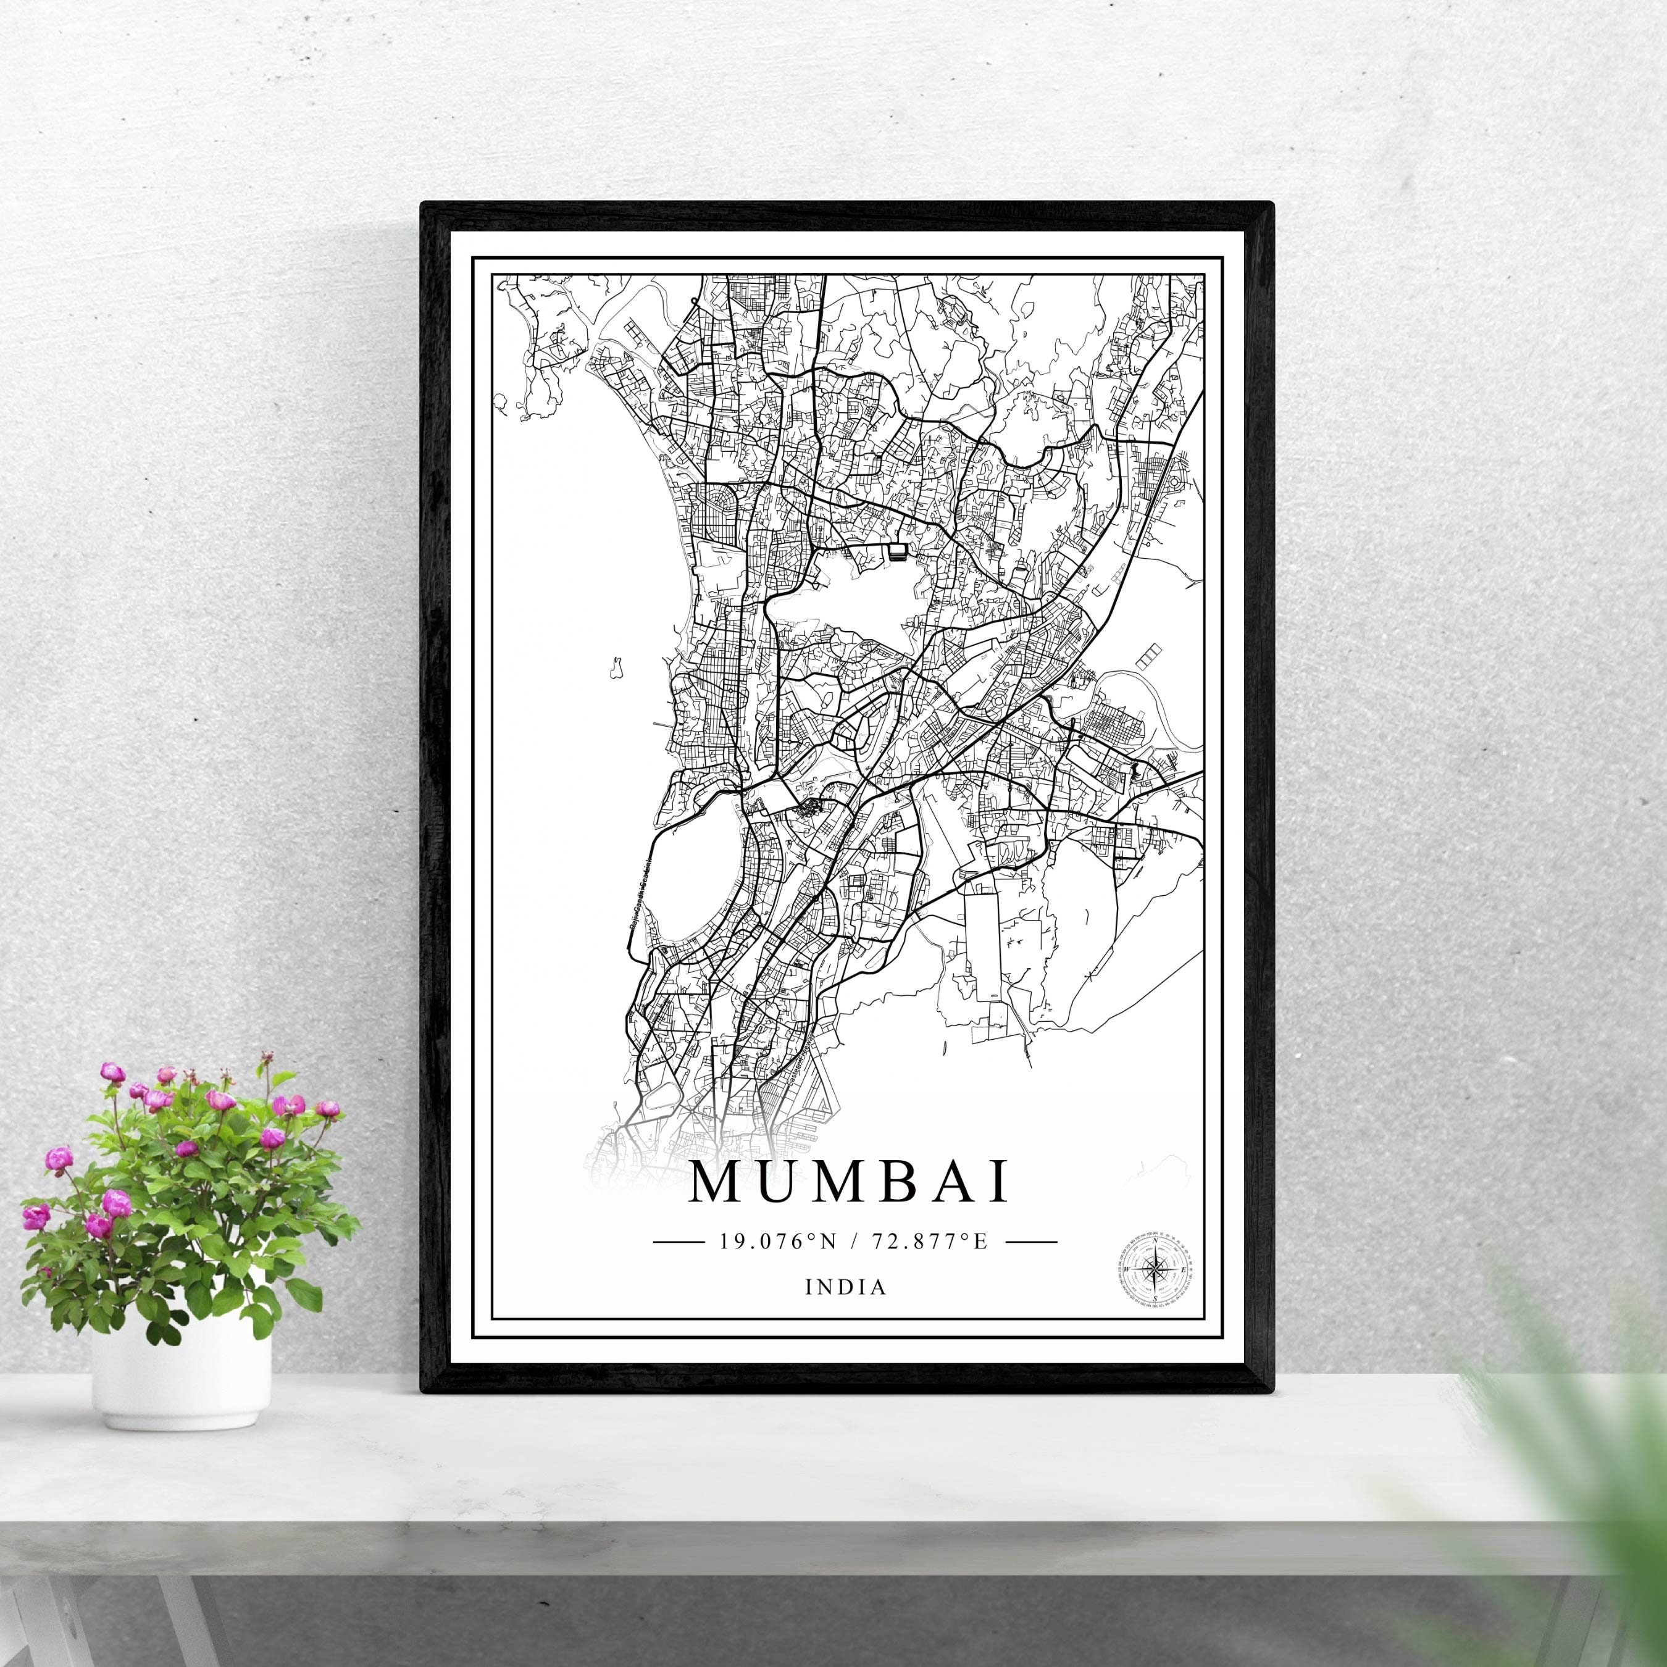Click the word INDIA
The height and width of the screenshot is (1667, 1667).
click(846, 1287)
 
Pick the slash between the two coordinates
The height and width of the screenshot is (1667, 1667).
click(853, 1242)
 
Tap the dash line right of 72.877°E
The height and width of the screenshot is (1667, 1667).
click(1031, 1242)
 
